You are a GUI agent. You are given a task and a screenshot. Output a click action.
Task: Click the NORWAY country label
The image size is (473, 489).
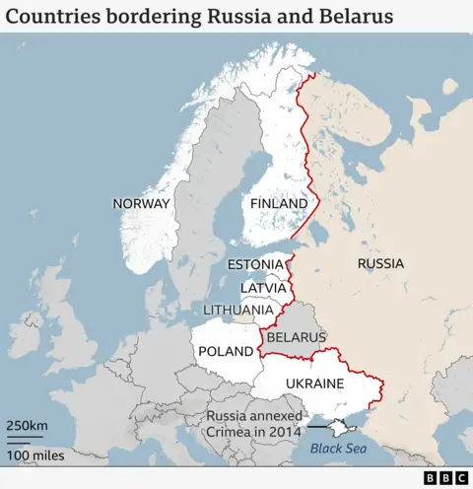141,204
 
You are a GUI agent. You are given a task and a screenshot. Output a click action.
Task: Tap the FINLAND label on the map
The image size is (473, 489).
279,204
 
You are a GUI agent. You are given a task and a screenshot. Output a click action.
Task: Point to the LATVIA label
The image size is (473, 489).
263,287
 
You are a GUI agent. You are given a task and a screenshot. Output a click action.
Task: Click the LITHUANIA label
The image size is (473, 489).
237,310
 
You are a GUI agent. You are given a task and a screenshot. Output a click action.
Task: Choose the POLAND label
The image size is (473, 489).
226,351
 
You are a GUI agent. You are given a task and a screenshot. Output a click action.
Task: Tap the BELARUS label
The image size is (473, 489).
296,337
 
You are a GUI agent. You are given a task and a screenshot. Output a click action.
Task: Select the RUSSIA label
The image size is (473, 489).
379,263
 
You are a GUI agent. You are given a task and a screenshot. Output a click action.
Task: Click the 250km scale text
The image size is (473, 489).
27,425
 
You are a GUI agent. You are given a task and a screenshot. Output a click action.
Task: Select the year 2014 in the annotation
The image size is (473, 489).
287,433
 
